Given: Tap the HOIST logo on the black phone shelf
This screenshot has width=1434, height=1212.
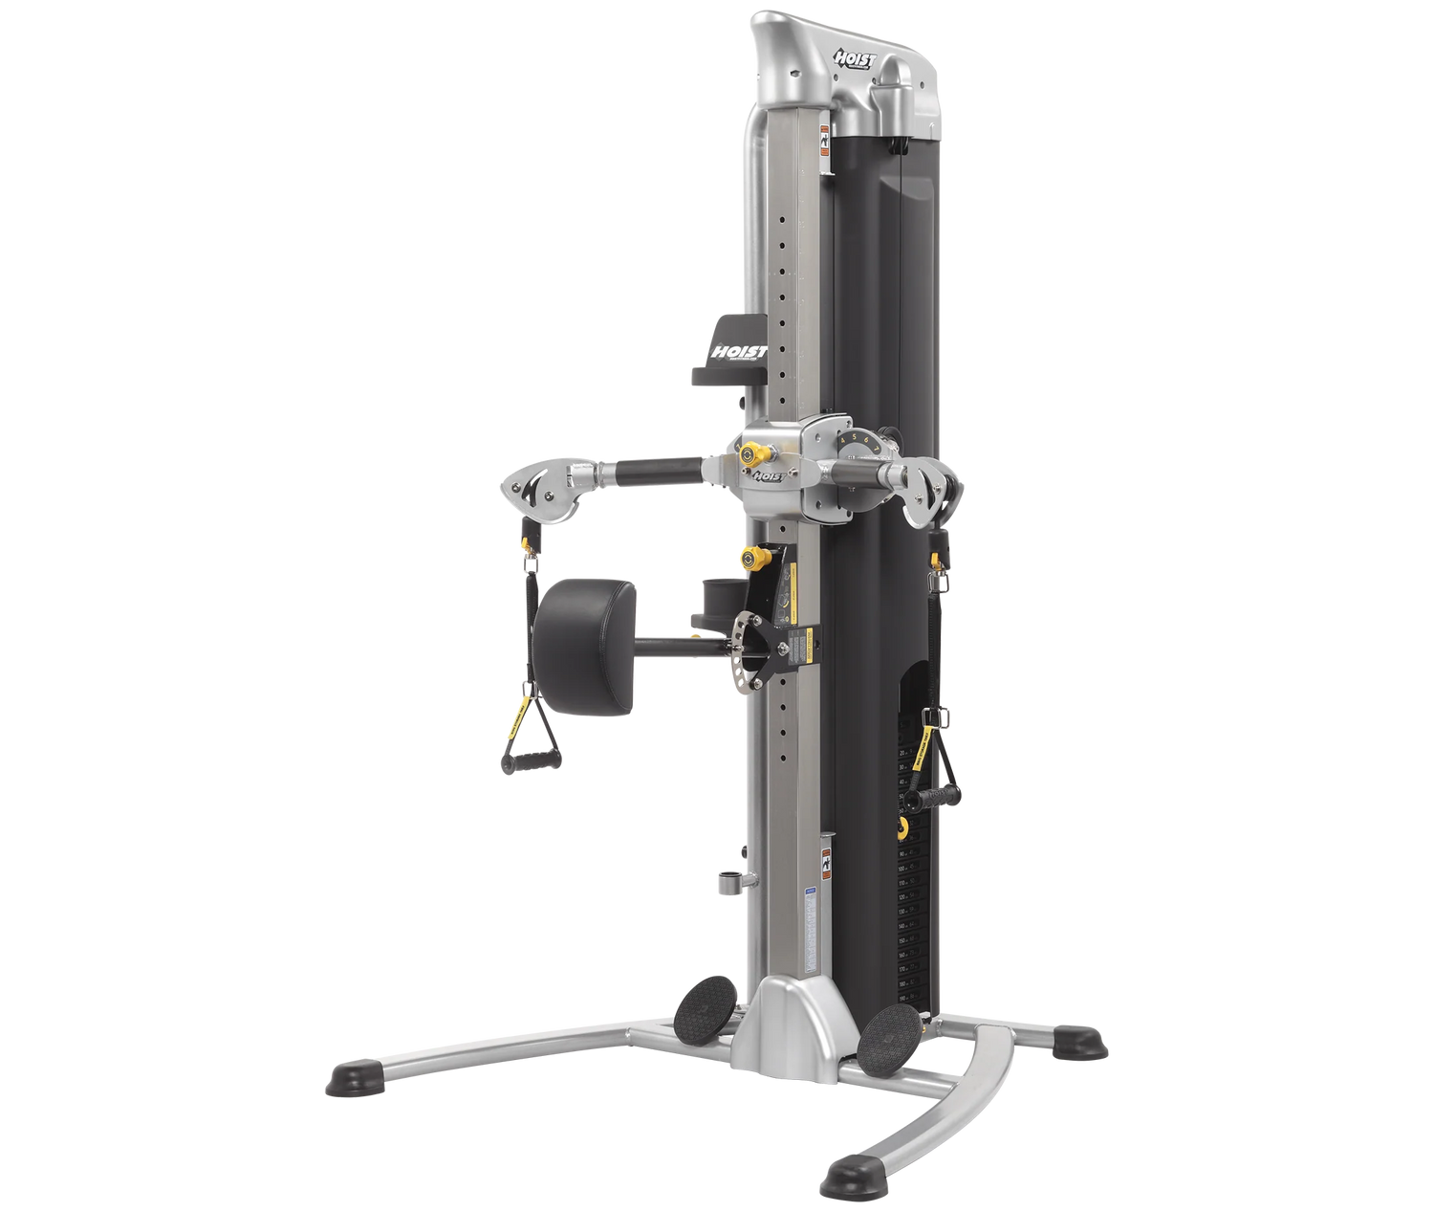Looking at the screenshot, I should tap(740, 353).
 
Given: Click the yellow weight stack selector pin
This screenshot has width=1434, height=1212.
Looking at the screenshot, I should tap(902, 828).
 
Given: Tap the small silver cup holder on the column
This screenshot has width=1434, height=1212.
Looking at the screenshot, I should tap(730, 881).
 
